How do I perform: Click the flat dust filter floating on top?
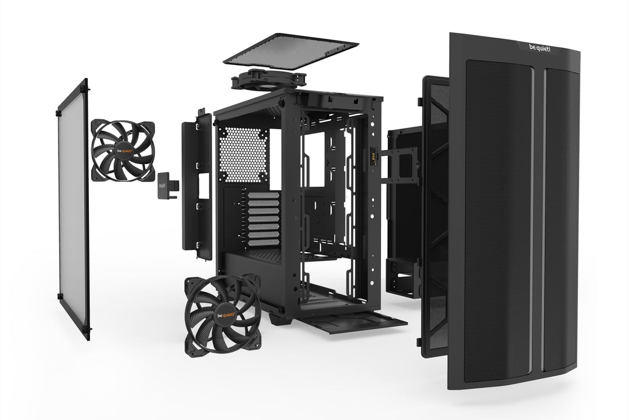[x=290, y=51]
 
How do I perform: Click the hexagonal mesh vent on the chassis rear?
[x=243, y=155]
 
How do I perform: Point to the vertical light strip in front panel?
[x=537, y=219]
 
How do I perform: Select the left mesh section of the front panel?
[x=497, y=219]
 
